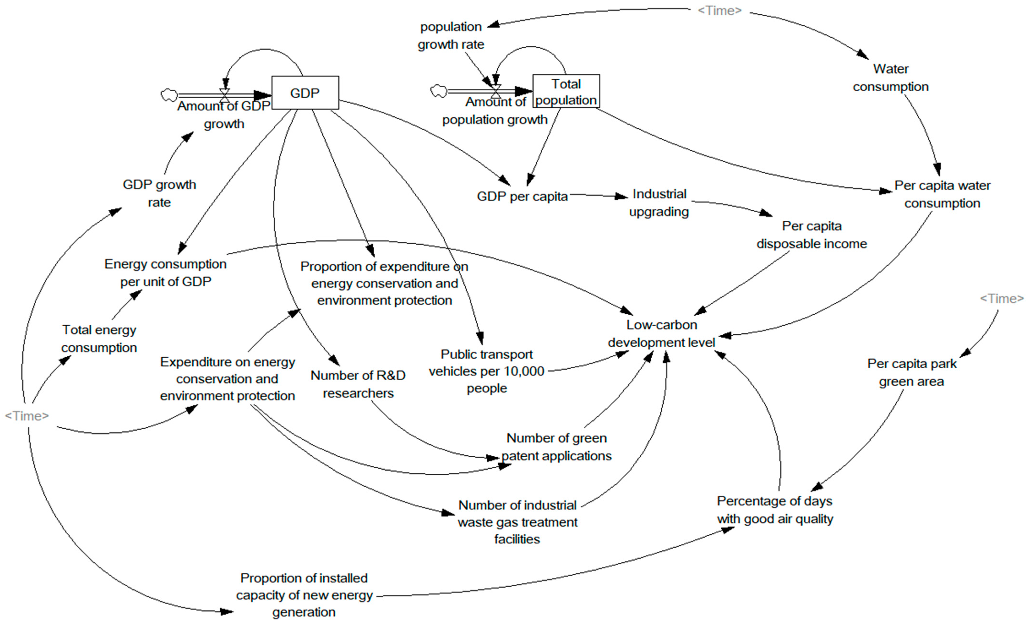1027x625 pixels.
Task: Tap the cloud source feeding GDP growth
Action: point(169,95)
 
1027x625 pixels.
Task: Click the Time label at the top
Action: point(719,10)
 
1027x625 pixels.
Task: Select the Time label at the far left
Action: point(27,416)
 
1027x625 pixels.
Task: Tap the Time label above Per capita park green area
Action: point(1001,299)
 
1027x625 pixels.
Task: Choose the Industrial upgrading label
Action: point(659,203)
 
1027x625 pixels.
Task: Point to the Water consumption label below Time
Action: point(890,77)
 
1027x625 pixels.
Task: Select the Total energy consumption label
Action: point(99,339)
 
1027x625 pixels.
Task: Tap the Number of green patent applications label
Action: point(557,447)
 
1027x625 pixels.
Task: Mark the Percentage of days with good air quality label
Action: point(775,509)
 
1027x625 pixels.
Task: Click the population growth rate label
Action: point(451,35)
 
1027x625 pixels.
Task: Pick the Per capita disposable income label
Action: point(812,235)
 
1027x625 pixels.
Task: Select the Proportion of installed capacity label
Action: point(304,595)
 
